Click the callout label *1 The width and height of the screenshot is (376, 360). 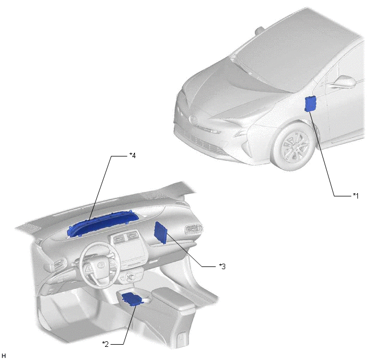pos(356,196)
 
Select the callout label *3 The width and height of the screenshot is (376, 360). pos(222,266)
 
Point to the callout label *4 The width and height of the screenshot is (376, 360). pos(132,155)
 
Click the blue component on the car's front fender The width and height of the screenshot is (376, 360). pos(310,104)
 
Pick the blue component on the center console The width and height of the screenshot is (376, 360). pos(132,299)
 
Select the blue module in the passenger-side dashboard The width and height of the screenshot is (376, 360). pos(161,233)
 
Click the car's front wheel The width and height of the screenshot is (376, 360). pos(292,147)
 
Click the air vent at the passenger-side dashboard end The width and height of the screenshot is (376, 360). pos(194,229)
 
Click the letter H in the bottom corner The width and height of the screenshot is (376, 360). pos(4,356)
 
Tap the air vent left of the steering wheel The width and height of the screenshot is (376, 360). pos(58,264)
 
